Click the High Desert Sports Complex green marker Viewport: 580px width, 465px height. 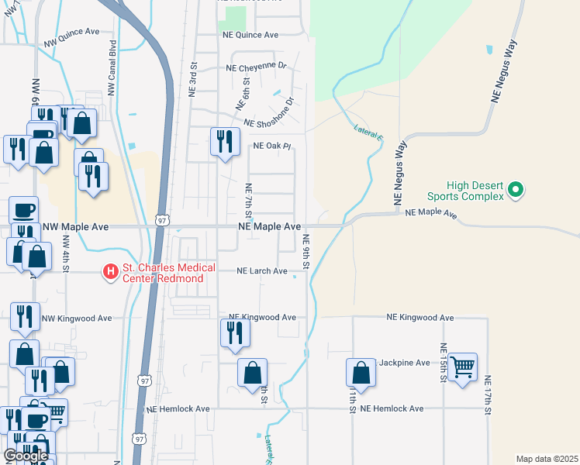tap(515, 189)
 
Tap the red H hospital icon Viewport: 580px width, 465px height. tap(110, 271)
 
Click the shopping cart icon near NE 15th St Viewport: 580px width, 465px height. tap(462, 366)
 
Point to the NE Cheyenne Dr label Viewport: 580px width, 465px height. tap(257, 67)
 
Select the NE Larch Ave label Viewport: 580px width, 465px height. tap(262, 271)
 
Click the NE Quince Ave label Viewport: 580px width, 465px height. tap(250, 35)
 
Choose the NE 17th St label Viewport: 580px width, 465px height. tap(489, 397)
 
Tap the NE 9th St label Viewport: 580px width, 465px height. tap(306, 252)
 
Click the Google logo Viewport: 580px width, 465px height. tap(26, 456)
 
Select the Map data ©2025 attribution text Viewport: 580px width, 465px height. tap(547, 459)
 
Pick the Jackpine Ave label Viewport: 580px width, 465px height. tap(403, 363)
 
